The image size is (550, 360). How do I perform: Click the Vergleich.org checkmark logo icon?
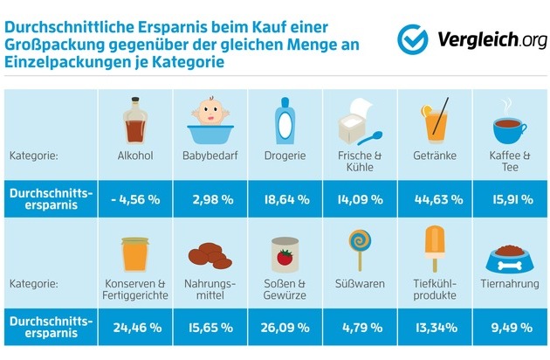(413, 38)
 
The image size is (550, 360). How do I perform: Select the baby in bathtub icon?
(210, 121)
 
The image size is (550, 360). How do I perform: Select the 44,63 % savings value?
(434, 198)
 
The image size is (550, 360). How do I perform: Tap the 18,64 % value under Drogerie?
(284, 198)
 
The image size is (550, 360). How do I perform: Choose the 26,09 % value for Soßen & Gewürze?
(284, 329)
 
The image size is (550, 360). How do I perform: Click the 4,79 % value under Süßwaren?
(359, 329)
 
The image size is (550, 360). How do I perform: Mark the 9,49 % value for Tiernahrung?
(509, 329)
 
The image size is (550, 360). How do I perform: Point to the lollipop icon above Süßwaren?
(359, 248)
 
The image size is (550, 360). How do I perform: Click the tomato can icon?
(284, 253)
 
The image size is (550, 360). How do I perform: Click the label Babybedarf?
(210, 156)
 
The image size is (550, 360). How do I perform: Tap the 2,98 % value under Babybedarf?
(210, 198)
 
